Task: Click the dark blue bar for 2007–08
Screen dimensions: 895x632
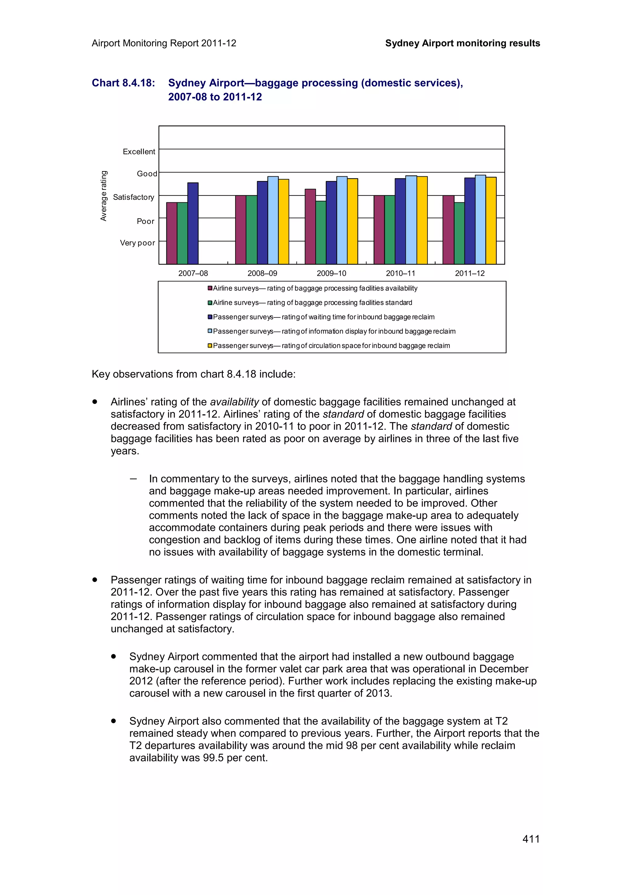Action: click(x=193, y=223)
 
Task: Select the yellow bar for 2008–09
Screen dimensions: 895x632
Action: click(x=284, y=221)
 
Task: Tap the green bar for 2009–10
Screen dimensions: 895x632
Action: click(x=321, y=233)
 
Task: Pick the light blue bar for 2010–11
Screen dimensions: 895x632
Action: click(x=411, y=220)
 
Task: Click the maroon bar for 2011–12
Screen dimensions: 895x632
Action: click(x=448, y=229)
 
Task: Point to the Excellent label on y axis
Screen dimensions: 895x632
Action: click(x=139, y=152)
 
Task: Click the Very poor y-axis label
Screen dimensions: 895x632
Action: click(x=137, y=243)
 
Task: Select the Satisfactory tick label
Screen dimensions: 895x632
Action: click(x=133, y=197)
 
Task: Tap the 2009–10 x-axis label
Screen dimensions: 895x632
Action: click(x=331, y=273)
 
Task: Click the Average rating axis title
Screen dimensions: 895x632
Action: click(x=104, y=196)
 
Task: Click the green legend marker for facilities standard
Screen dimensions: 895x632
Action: click(x=210, y=302)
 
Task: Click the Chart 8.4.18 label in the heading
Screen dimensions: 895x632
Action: click(x=123, y=83)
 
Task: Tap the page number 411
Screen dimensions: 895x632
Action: click(x=531, y=839)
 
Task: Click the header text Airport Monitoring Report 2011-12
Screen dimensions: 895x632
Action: click(x=164, y=43)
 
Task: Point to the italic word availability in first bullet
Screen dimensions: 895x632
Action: click(x=235, y=402)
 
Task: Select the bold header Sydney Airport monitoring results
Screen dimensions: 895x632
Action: click(x=462, y=43)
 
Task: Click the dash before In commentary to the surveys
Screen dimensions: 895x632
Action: click(x=134, y=479)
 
